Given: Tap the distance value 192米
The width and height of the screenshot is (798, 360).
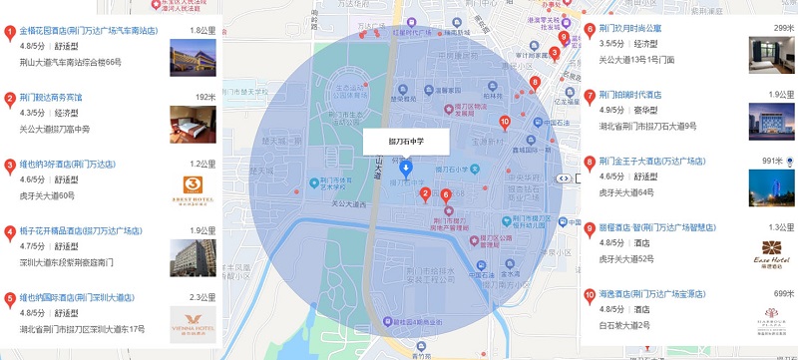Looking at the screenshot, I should [x=204, y=97].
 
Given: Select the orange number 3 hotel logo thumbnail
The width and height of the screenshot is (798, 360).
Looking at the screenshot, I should [x=193, y=187].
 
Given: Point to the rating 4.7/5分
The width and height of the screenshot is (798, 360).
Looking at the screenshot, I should [x=32, y=243].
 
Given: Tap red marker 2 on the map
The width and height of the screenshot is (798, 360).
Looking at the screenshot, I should [x=426, y=193].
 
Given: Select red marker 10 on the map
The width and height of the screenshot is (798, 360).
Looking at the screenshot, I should [x=505, y=122].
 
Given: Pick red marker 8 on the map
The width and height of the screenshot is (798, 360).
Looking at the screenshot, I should [x=535, y=82].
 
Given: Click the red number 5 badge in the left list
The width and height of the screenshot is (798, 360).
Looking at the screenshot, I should [x=10, y=297].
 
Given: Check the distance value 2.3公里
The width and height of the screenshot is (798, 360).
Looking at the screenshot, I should [x=202, y=297].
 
